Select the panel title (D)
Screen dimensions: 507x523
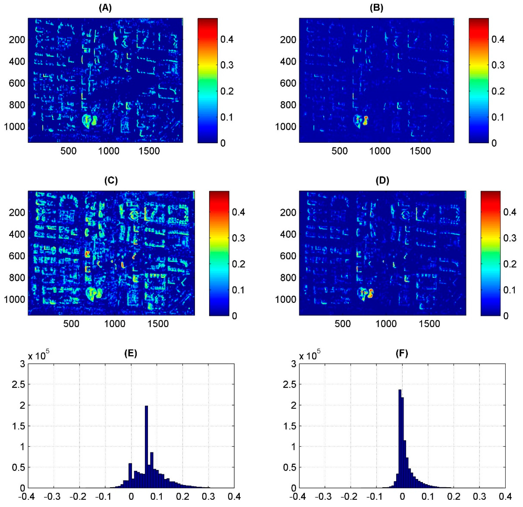tap(382, 181)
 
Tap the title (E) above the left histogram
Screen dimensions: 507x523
tap(131, 353)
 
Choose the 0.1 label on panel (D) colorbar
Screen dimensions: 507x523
tap(510, 290)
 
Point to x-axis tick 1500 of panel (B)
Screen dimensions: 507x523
tap(420, 151)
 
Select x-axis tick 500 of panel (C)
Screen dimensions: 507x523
tap(71, 324)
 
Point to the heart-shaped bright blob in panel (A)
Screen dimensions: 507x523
tap(89, 121)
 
